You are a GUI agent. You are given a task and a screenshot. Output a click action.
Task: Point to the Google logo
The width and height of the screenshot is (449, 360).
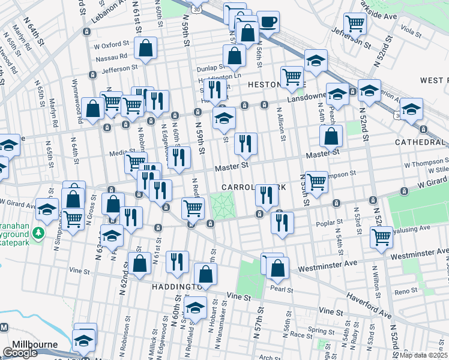point(20,353)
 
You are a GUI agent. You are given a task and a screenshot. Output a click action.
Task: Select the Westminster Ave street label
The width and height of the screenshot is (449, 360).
point(330,262)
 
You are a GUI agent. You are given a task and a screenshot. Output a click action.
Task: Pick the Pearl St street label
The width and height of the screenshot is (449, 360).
point(282,289)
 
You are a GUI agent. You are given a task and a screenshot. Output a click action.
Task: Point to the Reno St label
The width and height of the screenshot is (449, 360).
point(406,291)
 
